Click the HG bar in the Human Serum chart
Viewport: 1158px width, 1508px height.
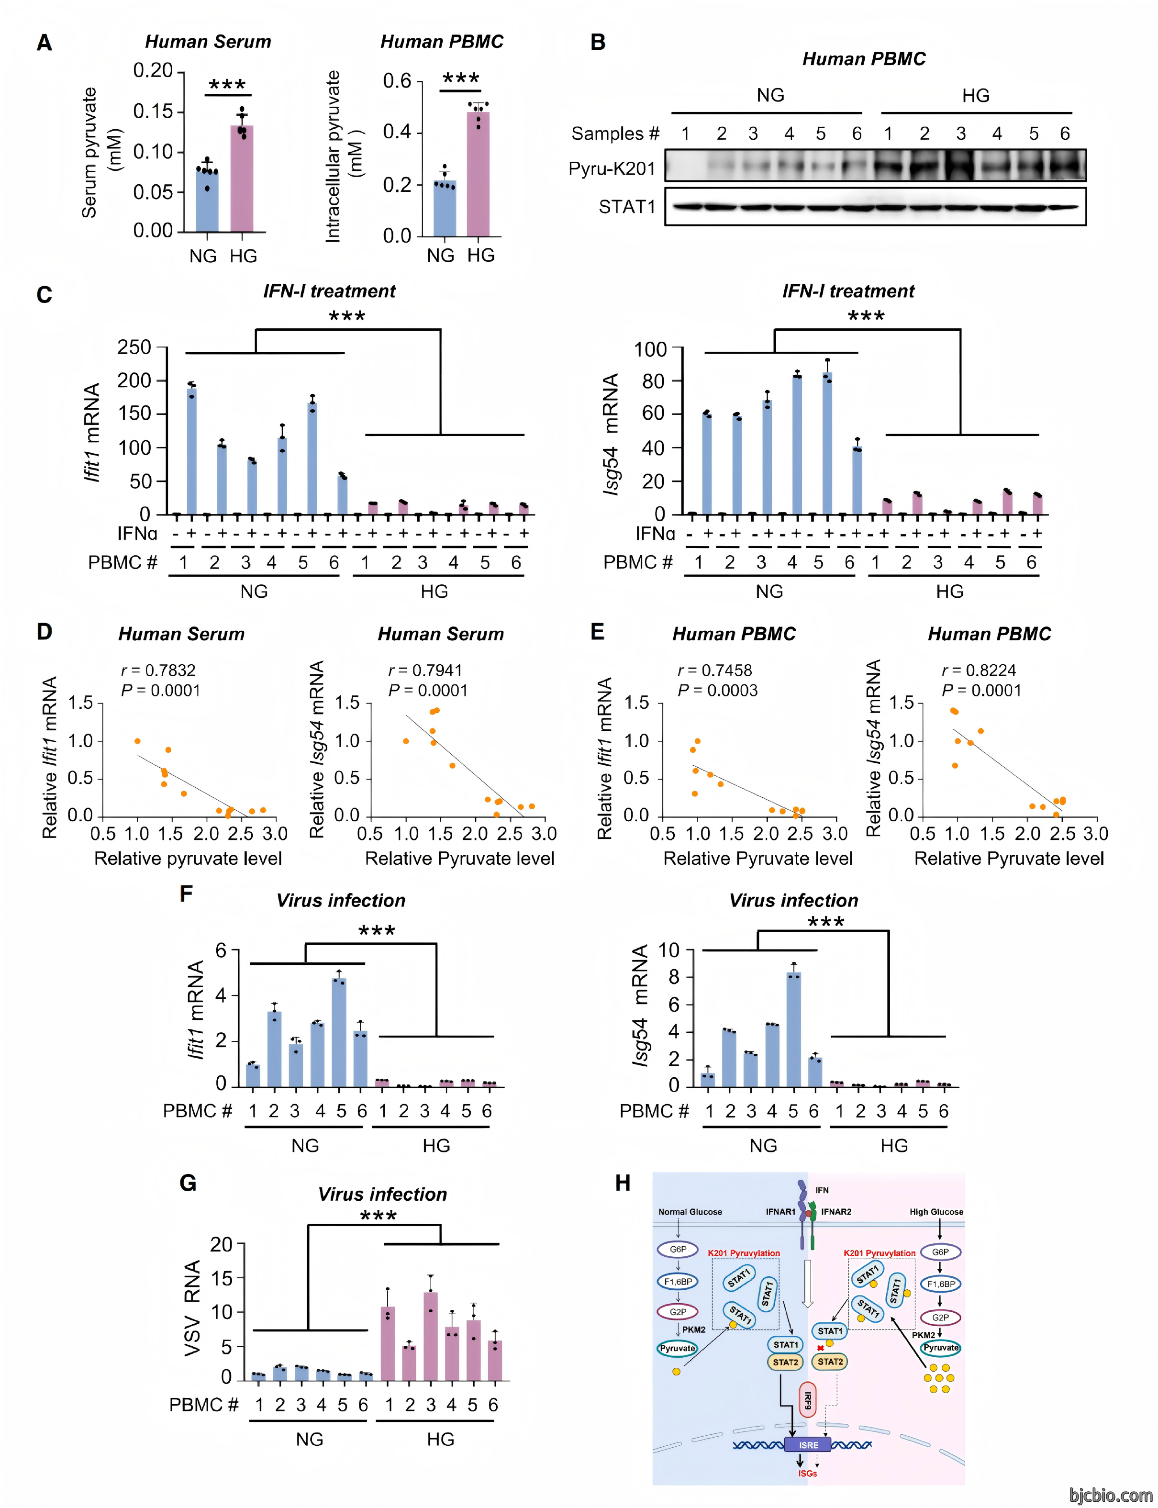click(x=241, y=179)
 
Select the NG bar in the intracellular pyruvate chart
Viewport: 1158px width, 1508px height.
click(x=444, y=208)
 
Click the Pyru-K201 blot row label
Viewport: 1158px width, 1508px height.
click(x=612, y=169)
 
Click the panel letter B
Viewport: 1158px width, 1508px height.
click(x=598, y=43)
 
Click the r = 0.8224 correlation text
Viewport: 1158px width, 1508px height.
click(x=978, y=670)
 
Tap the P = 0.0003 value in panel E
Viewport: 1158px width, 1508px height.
click(x=718, y=691)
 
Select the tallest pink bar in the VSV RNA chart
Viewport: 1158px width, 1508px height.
click(x=431, y=1336)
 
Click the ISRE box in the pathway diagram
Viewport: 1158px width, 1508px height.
click(x=807, y=1445)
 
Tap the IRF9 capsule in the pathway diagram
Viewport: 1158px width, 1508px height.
click(x=807, y=1400)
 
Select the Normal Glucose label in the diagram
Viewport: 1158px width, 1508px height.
click(x=690, y=1212)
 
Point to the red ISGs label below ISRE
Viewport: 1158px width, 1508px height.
click(x=807, y=1474)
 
